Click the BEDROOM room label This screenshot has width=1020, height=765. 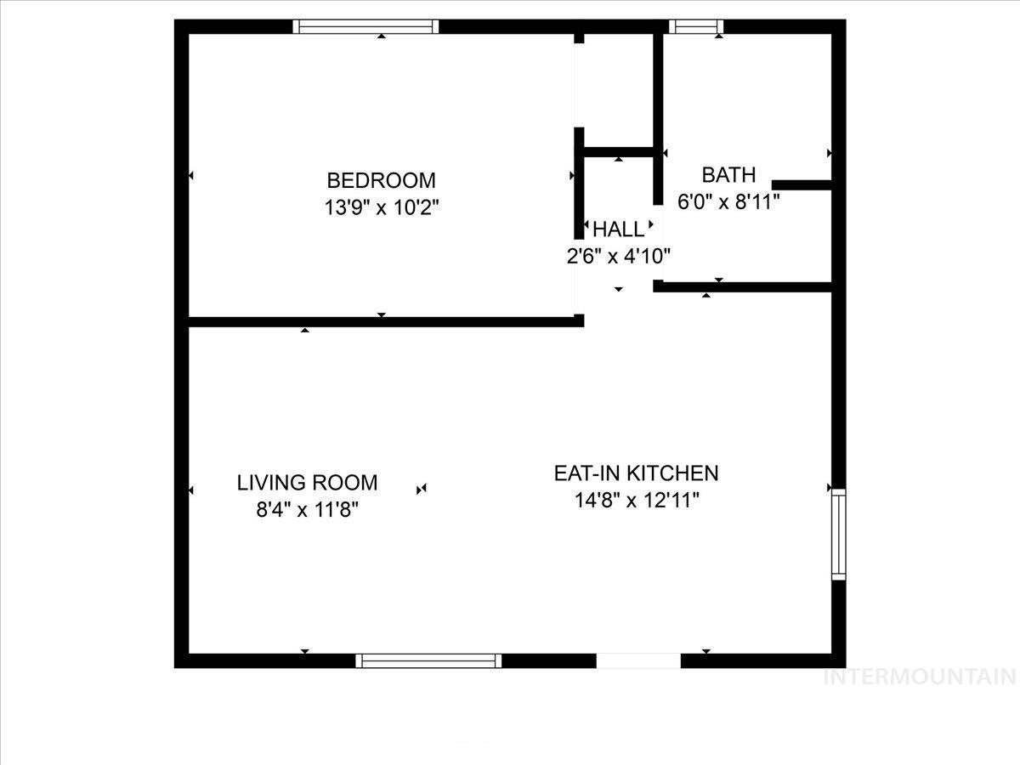coord(381,180)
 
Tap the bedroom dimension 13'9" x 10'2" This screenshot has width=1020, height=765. coord(381,207)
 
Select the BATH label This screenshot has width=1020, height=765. coord(728,175)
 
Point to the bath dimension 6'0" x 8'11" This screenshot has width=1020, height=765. coord(728,202)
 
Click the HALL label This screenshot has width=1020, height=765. coord(619,229)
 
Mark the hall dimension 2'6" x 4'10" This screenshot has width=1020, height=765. coord(619,255)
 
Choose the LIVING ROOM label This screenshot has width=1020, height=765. coord(307,483)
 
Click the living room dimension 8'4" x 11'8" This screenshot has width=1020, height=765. coord(307,510)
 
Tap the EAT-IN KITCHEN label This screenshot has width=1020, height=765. coord(637,473)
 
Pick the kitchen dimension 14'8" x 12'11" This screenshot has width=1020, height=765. coord(637,500)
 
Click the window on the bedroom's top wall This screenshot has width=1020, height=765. coord(366,26)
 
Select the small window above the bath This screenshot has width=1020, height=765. coord(696,26)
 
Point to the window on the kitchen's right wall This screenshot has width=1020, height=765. coord(839,534)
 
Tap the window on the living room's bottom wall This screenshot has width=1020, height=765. coord(428,660)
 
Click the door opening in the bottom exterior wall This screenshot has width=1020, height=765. coord(638,660)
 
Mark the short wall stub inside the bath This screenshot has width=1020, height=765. coord(801,184)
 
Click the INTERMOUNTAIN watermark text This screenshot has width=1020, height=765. coord(921,677)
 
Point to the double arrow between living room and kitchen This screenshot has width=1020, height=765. coord(421,489)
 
